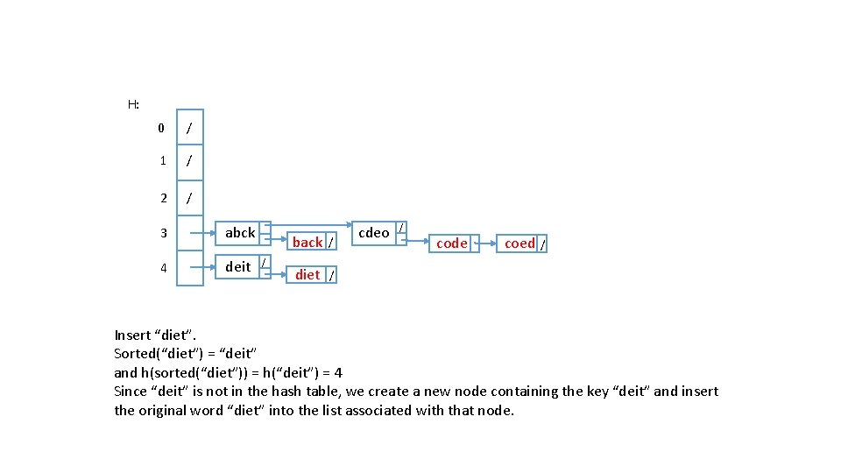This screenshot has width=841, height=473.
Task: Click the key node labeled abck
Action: pyautogui.click(x=243, y=233)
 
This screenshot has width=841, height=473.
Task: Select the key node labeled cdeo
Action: pyautogui.click(x=379, y=233)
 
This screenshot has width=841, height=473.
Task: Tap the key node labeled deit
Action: pyautogui.click(x=243, y=266)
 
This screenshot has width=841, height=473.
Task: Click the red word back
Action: pyautogui.click(x=307, y=243)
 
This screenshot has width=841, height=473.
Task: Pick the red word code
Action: pyautogui.click(x=452, y=244)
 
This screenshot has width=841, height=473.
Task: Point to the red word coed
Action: pyautogui.click(x=519, y=244)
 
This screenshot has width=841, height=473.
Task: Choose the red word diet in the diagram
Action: pyautogui.click(x=307, y=275)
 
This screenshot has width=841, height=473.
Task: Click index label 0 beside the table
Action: pyautogui.click(x=161, y=128)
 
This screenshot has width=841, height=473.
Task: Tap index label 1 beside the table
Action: pyautogui.click(x=163, y=161)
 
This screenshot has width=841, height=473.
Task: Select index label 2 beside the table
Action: pyautogui.click(x=164, y=199)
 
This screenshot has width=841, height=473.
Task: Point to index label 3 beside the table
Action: pyautogui.click(x=164, y=233)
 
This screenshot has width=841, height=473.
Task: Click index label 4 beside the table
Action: pyautogui.click(x=164, y=268)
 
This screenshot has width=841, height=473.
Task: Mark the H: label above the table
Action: pyautogui.click(x=133, y=104)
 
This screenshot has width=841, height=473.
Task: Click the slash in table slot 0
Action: pyautogui.click(x=189, y=128)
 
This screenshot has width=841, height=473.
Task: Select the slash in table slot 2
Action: pyautogui.click(x=189, y=199)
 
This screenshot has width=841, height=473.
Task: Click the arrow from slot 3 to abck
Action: pyautogui.click(x=202, y=233)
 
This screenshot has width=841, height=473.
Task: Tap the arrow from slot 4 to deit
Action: pyautogui.click(x=202, y=267)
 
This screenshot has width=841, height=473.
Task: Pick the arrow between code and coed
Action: pyautogui.click(x=486, y=244)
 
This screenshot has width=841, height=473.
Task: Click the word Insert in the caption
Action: pyautogui.click(x=132, y=335)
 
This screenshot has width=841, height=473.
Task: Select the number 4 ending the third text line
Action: pyautogui.click(x=338, y=373)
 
